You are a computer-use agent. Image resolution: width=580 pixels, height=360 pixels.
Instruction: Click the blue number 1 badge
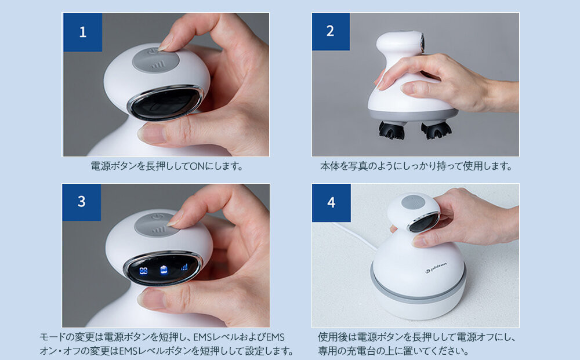[82, 32]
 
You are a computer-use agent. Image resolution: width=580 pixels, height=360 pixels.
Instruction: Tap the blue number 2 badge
[331, 32]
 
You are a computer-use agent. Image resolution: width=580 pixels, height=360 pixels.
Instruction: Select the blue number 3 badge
[82, 202]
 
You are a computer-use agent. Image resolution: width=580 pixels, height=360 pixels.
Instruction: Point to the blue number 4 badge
[331, 202]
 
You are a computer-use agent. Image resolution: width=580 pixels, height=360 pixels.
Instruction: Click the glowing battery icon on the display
[164, 270]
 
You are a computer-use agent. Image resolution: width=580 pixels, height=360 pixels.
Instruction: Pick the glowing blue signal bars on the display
[184, 267]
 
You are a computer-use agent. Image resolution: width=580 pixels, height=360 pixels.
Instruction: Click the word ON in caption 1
[198, 166]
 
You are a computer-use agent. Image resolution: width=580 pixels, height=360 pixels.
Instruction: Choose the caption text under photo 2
[416, 166]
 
